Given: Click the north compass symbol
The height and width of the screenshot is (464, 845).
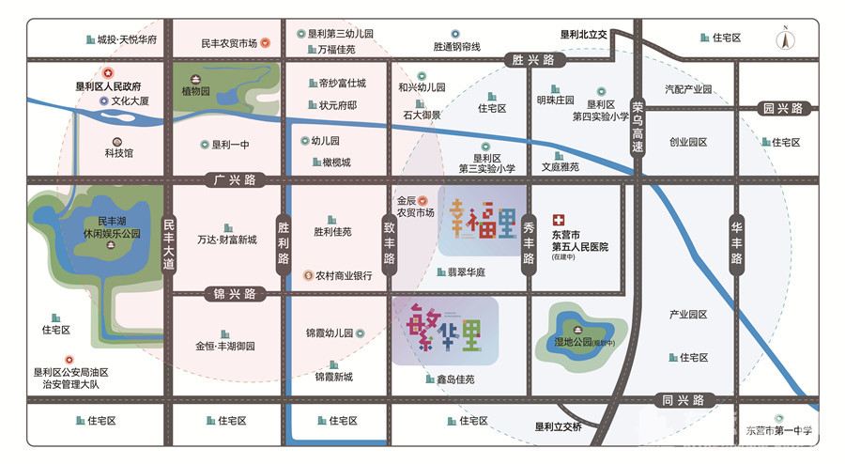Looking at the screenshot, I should (785, 39).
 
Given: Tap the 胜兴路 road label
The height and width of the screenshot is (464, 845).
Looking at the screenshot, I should (529, 60).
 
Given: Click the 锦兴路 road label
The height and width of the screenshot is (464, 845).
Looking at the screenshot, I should (230, 294).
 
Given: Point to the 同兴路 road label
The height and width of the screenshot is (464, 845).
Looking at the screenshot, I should (683, 400).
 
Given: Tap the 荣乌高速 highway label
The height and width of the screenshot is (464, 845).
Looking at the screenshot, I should (638, 127).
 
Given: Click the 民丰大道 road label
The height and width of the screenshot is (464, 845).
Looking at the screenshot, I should (169, 245).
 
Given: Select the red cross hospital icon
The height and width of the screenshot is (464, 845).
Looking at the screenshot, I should (558, 215).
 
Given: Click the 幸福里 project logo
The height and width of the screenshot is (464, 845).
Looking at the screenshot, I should (482, 219).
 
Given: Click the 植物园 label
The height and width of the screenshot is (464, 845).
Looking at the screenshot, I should (198, 92).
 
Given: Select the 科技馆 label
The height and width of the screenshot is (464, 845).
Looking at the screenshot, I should (119, 152).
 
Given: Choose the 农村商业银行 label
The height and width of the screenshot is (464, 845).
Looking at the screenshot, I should (344, 276).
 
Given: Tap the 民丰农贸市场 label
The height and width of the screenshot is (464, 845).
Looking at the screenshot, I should (228, 43).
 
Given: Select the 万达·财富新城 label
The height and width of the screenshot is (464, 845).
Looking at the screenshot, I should (226, 240).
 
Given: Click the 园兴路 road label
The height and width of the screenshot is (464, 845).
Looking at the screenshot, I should (783, 108).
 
